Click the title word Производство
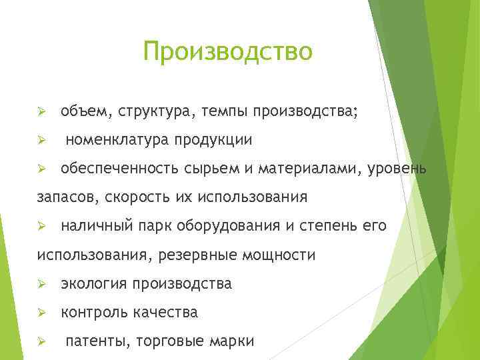click(227, 51)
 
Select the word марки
click(233, 341)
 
